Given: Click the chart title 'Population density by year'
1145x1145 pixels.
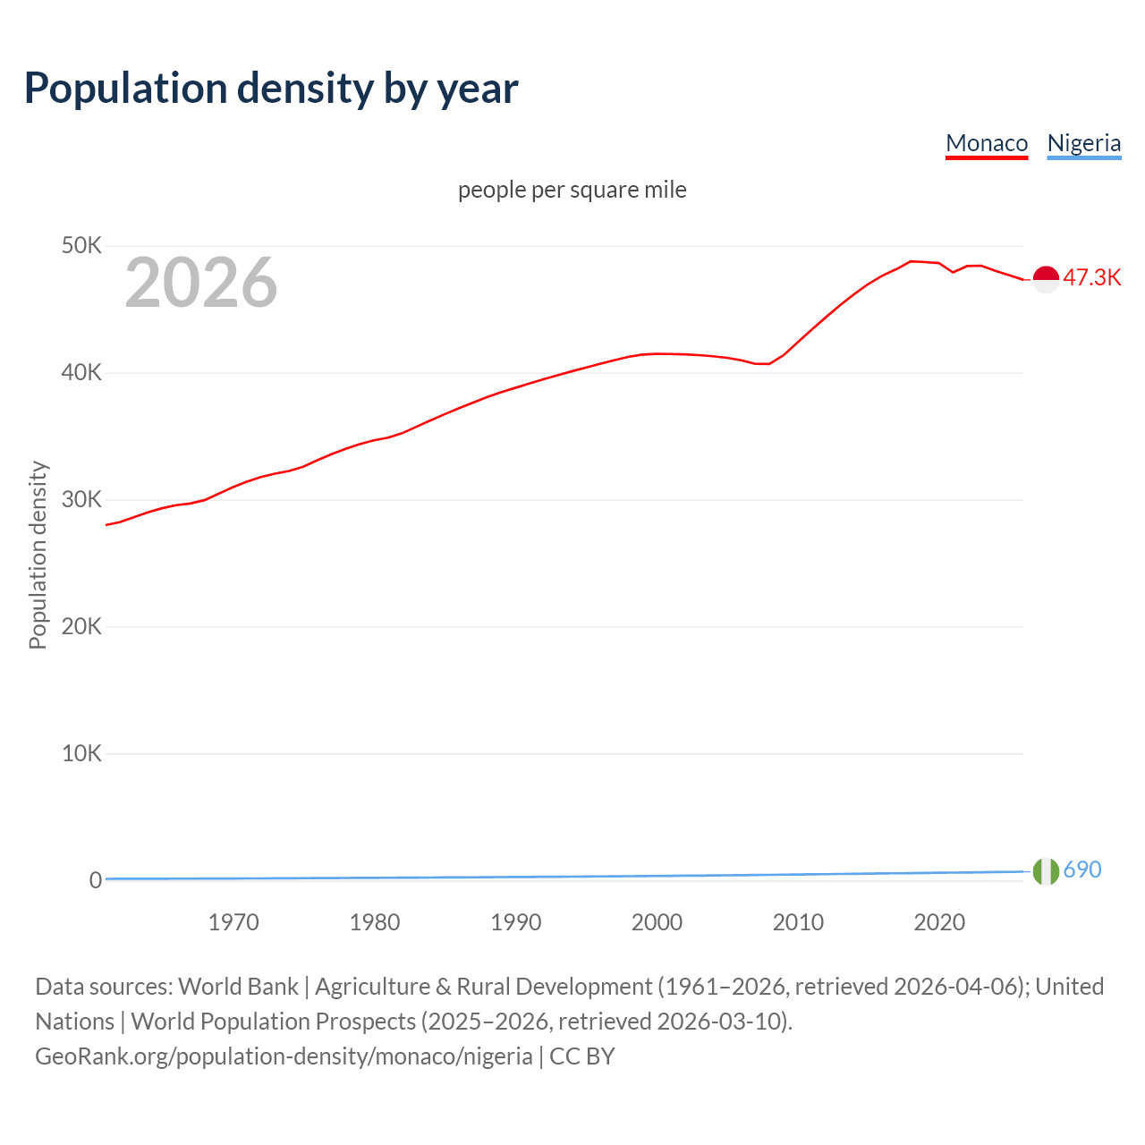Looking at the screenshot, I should (x=271, y=88).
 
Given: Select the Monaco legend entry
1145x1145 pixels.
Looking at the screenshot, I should (x=987, y=143).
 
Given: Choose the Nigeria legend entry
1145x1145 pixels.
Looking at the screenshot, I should (x=1083, y=143).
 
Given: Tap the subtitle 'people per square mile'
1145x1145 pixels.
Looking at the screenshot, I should (x=572, y=190).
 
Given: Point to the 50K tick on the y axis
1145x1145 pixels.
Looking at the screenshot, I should (x=81, y=245).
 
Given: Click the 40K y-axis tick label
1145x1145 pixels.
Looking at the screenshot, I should (x=81, y=372).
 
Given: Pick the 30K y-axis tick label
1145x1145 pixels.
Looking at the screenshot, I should (x=81, y=499).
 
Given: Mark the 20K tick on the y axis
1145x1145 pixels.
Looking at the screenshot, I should (x=81, y=626).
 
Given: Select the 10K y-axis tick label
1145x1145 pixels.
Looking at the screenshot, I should (x=81, y=753).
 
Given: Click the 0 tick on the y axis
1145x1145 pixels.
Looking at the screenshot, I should (x=96, y=880).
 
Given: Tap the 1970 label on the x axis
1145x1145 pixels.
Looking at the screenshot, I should (x=233, y=922).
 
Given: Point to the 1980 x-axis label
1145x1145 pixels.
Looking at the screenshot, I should (x=375, y=922).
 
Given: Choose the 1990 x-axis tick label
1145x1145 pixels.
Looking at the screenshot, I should (x=516, y=922).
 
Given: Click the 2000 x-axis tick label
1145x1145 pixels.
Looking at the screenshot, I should (x=657, y=922).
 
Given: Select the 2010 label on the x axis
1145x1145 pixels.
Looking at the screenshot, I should (x=798, y=922).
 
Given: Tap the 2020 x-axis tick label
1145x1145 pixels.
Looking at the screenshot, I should (x=939, y=922).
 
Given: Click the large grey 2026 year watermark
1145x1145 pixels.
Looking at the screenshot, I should (x=201, y=283).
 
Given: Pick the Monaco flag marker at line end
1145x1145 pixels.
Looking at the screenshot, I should (x=1046, y=279).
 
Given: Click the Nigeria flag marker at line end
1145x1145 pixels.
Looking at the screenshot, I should (x=1046, y=870).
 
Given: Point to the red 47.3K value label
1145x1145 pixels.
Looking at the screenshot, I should (x=1091, y=277).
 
